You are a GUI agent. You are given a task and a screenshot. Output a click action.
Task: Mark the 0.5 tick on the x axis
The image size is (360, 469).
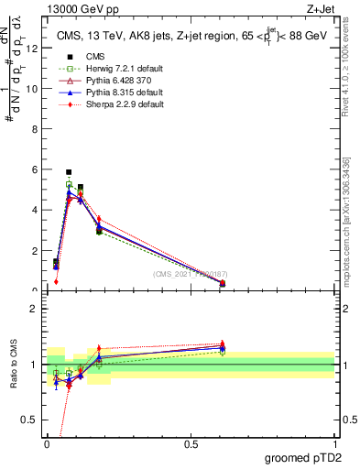191,443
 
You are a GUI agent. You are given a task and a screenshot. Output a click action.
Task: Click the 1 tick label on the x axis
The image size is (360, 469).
334,443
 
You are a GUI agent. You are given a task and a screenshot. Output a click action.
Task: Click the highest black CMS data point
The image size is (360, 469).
69,172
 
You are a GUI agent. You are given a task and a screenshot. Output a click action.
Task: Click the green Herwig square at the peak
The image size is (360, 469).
69,184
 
